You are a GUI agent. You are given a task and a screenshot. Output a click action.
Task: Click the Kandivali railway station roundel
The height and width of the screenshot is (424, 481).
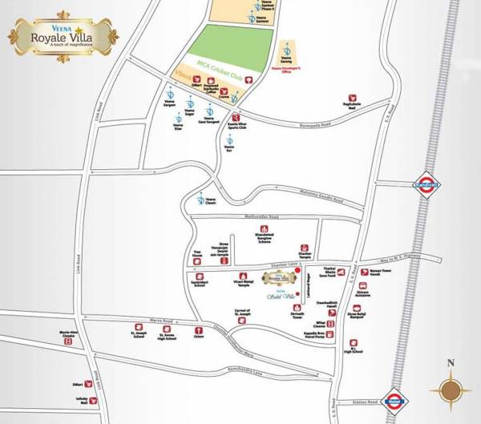click(x=426, y=181)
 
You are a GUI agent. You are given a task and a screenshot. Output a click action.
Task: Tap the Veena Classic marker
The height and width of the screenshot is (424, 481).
click(x=200, y=198)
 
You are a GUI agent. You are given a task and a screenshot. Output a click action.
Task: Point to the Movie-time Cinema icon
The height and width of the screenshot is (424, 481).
click(x=68, y=341)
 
